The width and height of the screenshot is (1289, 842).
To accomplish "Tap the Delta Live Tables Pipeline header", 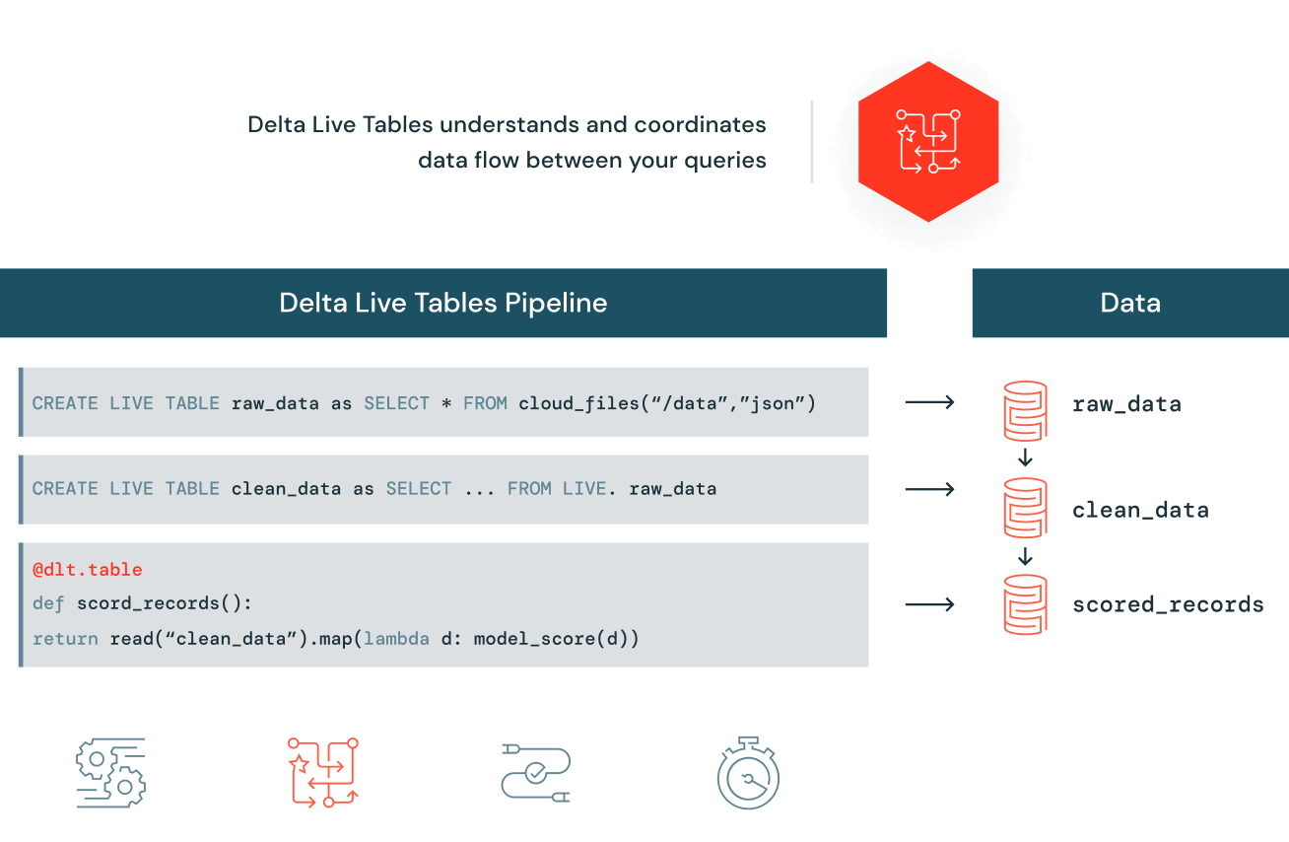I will (x=443, y=302).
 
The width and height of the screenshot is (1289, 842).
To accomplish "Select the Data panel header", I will (x=1129, y=302).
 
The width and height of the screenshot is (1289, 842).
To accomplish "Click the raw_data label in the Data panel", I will (x=1126, y=403).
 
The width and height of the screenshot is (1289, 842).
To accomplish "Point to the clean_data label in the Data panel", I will (x=1140, y=510).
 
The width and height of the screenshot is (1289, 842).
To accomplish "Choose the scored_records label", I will (x=1168, y=604).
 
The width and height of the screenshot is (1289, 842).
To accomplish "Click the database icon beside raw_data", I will (x=1025, y=409).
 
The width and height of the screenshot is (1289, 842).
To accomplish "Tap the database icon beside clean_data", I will (x=1025, y=509).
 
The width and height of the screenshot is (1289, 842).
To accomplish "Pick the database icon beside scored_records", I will (x=1025, y=603).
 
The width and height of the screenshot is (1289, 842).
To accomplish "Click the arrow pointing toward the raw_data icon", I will (x=929, y=402).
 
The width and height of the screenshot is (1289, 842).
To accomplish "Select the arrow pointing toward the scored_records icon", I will (x=929, y=604).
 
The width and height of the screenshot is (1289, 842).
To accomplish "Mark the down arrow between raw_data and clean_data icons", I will (x=1025, y=457).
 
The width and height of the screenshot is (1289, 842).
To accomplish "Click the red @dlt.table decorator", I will (x=88, y=570).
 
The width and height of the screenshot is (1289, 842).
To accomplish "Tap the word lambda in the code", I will (x=396, y=639).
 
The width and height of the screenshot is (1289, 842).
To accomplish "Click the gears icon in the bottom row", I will (x=111, y=773).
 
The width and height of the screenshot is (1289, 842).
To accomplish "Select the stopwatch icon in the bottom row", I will (x=748, y=773).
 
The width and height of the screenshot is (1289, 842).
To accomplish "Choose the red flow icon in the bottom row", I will (x=323, y=773).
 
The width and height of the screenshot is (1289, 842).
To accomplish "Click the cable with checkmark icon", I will (x=535, y=773).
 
